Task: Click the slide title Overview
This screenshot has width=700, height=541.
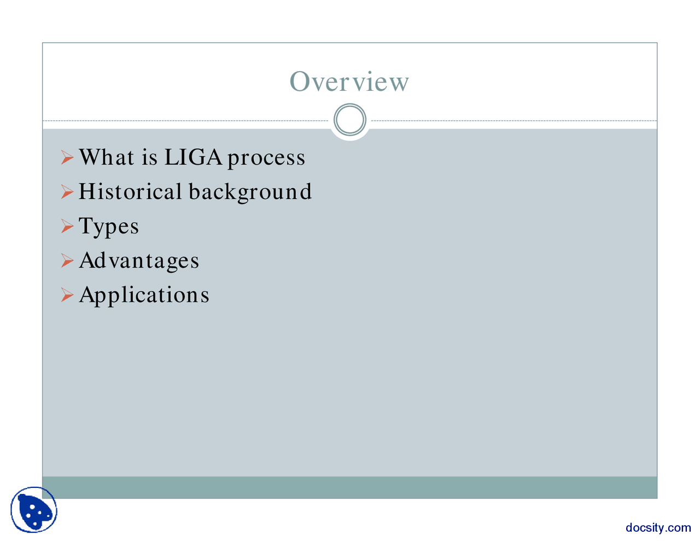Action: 349,82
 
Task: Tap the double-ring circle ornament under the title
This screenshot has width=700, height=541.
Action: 349,120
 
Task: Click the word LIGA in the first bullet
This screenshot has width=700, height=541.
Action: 193,158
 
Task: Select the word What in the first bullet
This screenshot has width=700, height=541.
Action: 107,158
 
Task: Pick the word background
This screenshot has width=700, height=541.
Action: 250,193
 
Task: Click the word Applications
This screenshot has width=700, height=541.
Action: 144,295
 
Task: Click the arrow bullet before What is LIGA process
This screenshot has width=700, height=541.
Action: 67,159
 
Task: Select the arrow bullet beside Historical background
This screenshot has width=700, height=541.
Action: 67,193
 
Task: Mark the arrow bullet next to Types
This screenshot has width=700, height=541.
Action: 67,226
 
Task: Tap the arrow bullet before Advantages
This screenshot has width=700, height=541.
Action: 67,261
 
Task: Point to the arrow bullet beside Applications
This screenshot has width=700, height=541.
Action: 67,295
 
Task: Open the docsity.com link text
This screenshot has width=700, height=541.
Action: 658,528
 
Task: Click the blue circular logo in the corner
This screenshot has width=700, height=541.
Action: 34,510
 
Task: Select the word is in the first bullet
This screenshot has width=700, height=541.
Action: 149,158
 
